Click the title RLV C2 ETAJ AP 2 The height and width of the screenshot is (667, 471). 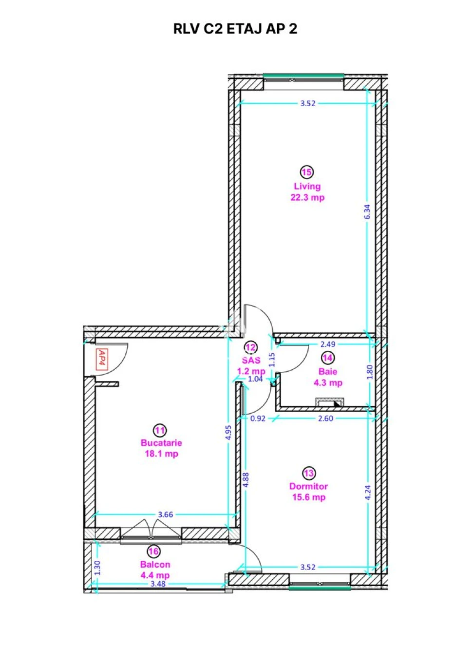[235, 29]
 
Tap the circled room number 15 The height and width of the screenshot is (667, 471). [307, 172]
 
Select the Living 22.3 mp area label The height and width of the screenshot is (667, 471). [307, 192]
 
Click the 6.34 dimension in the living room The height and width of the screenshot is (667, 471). [367, 212]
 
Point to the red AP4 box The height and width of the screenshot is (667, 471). [102, 359]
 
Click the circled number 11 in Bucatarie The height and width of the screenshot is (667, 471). [160, 430]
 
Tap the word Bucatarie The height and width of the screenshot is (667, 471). [161, 443]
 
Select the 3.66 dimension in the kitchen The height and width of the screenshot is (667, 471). [165, 514]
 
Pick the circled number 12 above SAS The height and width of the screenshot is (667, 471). [251, 347]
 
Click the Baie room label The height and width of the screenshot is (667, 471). [328, 371]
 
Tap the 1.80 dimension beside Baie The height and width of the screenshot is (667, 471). [369, 372]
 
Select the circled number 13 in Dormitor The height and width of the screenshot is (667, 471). [309, 473]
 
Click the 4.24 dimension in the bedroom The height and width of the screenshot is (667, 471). [368, 493]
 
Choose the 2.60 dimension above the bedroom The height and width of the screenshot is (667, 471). [325, 419]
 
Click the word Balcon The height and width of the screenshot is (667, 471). [155, 564]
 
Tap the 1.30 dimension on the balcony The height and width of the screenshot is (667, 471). [97, 568]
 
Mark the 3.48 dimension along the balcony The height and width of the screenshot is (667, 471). [158, 584]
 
